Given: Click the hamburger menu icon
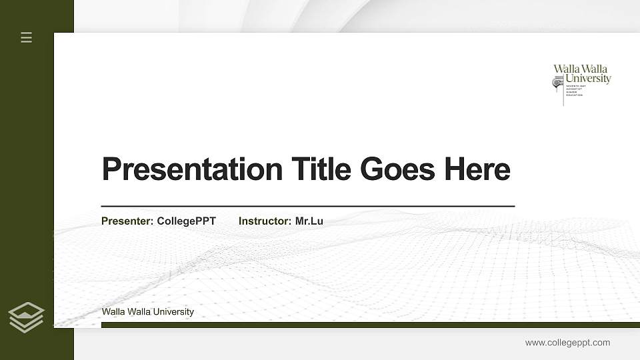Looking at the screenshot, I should click(27, 37).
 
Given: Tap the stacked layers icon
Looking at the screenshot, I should click(27, 317).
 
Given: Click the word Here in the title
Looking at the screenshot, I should click(477, 169).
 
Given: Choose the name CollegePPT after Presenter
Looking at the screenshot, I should click(186, 221).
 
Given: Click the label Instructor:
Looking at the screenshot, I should click(265, 221).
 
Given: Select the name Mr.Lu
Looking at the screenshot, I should click(309, 221).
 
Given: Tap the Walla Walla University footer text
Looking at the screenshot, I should click(148, 311).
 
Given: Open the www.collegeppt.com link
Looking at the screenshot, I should click(567, 343).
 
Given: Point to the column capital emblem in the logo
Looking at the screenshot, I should click(558, 83).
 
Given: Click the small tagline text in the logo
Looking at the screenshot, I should click(575, 91).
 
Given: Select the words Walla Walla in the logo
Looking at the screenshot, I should click(581, 69).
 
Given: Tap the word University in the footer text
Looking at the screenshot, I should click(174, 311).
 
